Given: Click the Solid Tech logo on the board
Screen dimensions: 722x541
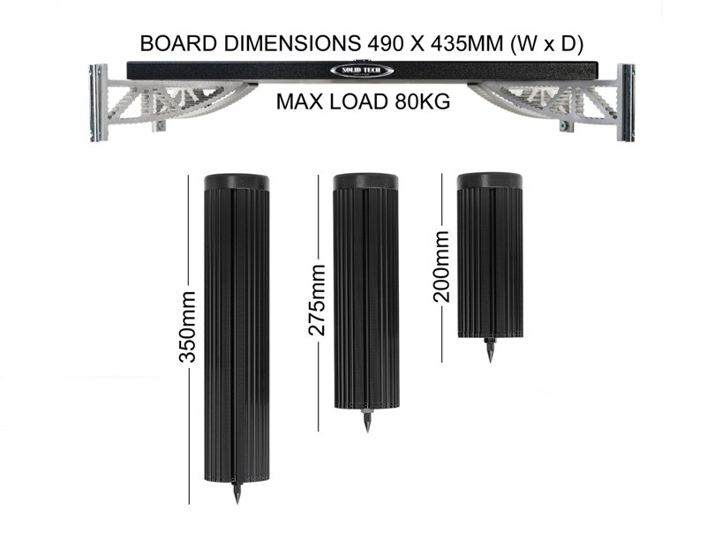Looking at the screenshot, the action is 362,71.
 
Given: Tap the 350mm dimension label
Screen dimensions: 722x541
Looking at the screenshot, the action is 188,327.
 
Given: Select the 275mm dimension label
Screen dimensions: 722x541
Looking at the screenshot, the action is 317,300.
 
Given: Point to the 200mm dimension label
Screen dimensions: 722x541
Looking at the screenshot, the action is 441,267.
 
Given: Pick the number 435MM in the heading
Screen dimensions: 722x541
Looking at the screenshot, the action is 467,44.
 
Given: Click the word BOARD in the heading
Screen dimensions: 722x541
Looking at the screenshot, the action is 178,44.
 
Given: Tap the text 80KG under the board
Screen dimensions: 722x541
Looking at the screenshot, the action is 422,101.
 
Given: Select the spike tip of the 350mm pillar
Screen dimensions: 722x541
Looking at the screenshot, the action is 237,503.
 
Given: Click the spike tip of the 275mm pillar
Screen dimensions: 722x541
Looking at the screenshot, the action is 367,432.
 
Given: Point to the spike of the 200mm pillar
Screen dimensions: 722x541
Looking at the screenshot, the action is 490,351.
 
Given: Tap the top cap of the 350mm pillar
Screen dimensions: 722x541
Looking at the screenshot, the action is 237,183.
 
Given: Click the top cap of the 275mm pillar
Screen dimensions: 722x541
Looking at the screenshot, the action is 366,182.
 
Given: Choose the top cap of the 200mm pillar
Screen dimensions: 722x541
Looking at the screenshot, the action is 490,181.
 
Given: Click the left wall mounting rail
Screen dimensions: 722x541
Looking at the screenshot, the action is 99,102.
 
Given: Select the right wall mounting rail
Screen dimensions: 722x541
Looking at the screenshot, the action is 626,102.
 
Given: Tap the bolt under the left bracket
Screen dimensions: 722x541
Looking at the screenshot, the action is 160,125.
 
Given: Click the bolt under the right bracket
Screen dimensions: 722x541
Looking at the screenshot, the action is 566,125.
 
